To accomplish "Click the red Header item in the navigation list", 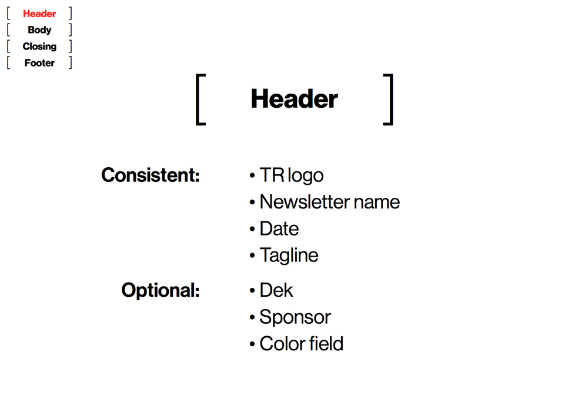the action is tap(39, 14).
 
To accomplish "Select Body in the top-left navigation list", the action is tap(39, 30).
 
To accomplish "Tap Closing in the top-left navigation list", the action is tap(39, 47).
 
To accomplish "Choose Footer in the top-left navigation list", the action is tap(39, 63).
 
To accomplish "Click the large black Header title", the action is tap(295, 99).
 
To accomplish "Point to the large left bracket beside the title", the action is tap(197, 99).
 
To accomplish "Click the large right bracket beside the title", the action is tap(391, 99).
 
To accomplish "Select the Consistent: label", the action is tap(151, 175).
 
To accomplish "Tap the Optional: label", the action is tap(161, 290).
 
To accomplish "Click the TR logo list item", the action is tap(292, 175).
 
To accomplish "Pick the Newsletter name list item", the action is tap(330, 202).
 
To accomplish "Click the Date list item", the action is tap(279, 228).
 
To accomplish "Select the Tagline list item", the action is tap(289, 256).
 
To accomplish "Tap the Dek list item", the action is tap(276, 290).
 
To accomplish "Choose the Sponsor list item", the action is tap(295, 317).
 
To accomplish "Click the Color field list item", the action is tap(301, 344).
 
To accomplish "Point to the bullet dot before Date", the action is tap(252, 228).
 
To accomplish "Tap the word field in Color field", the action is tap(326, 343).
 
